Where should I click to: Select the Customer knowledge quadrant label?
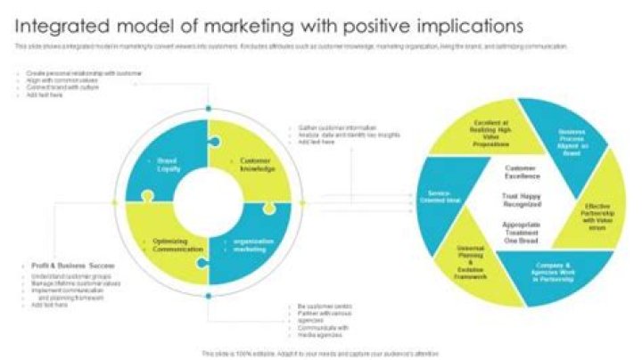point(257,164)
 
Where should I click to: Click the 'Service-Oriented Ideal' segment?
point(443,197)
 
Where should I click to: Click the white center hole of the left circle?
point(209,204)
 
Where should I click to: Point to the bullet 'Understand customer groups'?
point(60,277)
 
